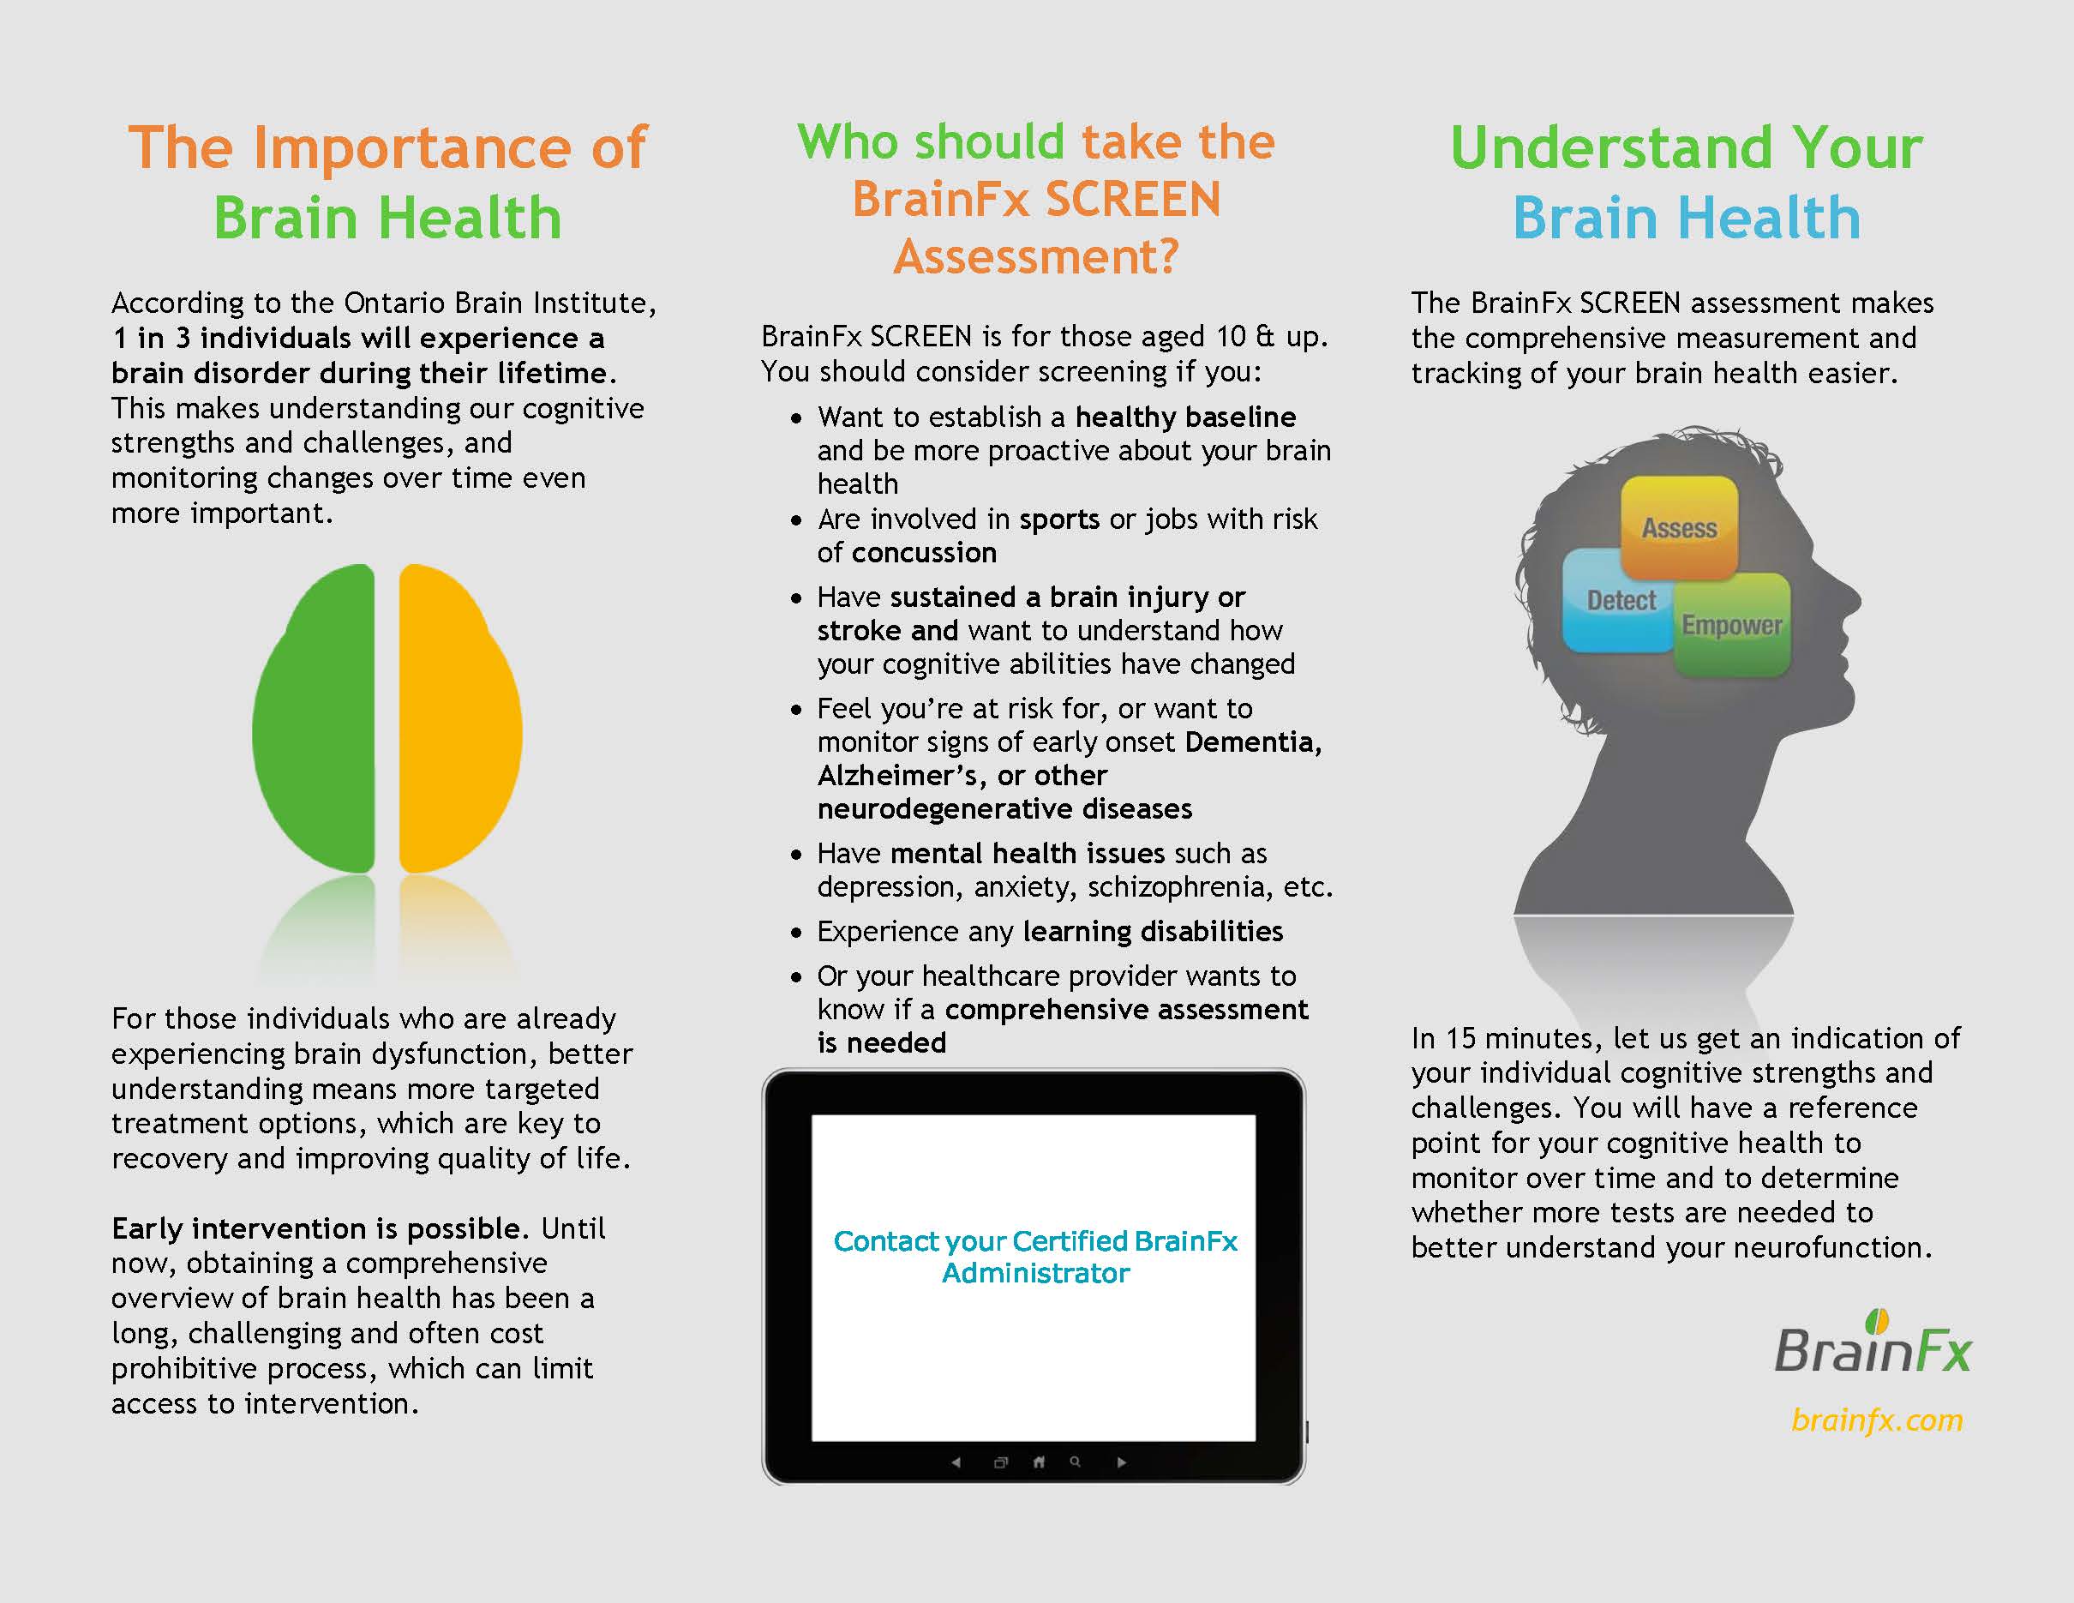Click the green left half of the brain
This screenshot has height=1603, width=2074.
coord(315,719)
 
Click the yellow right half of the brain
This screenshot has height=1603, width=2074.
coord(460,719)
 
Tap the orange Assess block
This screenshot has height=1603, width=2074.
coord(1679,527)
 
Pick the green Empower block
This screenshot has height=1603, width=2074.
coord(1732,625)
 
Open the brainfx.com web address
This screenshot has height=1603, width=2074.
coord(1877,1420)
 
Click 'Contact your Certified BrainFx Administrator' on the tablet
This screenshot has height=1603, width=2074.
coord(1035,1257)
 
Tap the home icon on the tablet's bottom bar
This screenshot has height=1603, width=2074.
coord(1039,1462)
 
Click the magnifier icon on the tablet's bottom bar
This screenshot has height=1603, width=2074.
coord(1075,1462)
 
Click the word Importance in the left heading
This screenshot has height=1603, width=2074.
coord(412,149)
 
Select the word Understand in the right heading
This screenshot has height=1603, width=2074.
coord(1610,148)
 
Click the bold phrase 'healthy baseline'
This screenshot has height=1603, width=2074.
coord(1185,417)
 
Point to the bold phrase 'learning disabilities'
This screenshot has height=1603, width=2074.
coord(1153,932)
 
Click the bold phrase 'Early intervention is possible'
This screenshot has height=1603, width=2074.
coord(316,1229)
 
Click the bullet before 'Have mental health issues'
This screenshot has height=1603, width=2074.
coord(796,855)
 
